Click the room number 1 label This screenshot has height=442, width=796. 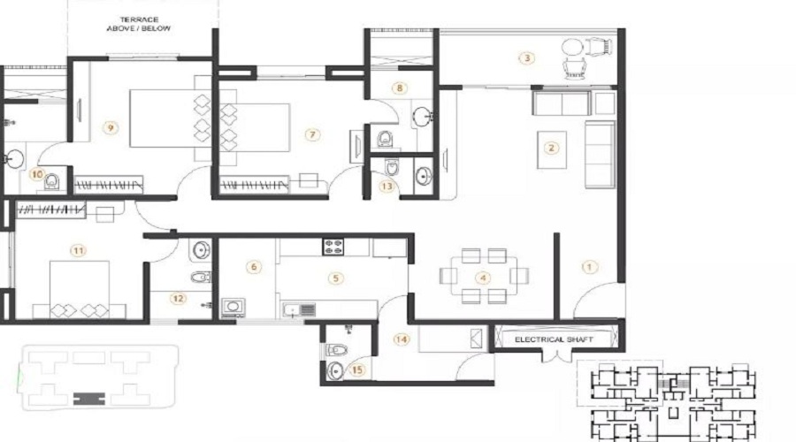click(589, 267)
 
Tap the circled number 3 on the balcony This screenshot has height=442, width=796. click(527, 57)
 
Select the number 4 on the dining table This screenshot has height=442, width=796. click(483, 278)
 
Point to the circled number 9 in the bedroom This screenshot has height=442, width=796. click(111, 128)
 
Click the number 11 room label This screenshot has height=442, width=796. click(78, 251)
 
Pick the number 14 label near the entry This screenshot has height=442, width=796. click(402, 339)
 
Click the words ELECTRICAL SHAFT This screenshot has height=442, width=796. click(554, 339)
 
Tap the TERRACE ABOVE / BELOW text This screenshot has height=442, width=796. click(139, 24)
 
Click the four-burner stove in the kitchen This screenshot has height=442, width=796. click(333, 248)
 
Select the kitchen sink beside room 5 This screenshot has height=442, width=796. click(300, 309)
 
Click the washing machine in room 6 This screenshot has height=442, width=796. click(233, 308)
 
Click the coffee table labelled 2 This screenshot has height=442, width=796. click(552, 149)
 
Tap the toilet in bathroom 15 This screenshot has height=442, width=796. click(337, 350)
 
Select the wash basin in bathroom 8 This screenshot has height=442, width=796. click(422, 118)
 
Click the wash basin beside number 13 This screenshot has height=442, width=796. click(423, 177)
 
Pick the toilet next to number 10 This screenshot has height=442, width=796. click(51, 181)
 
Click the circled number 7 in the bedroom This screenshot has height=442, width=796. click(313, 134)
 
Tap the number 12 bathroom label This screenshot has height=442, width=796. click(178, 299)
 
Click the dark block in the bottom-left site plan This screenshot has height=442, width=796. click(89, 399)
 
